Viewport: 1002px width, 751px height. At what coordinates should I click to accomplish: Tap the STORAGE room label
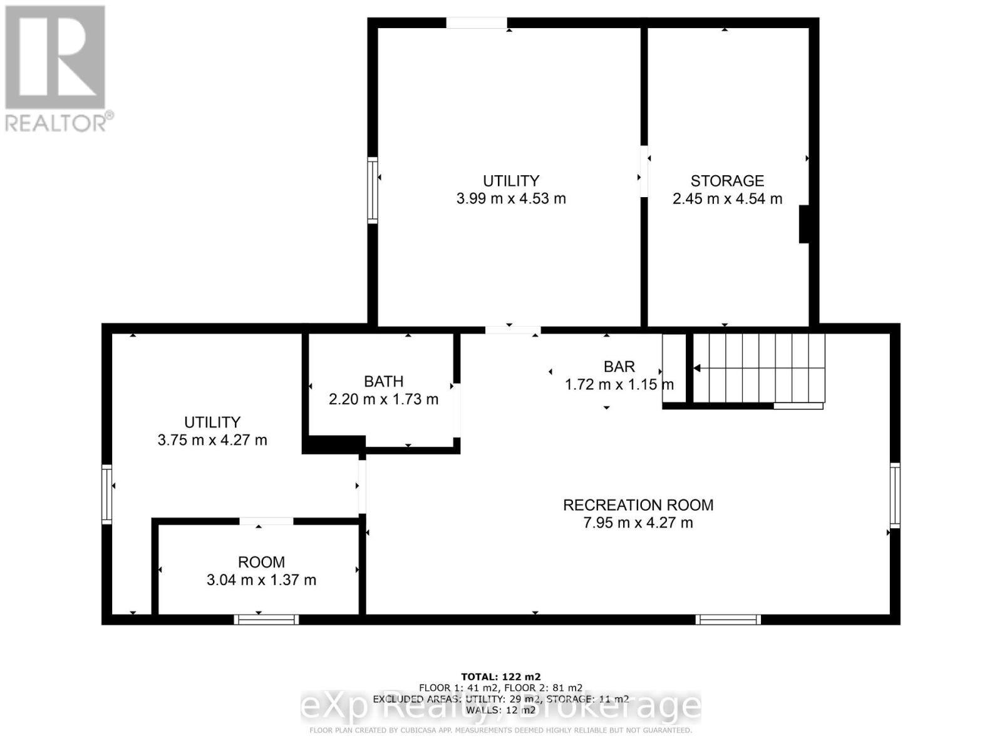(x=727, y=181)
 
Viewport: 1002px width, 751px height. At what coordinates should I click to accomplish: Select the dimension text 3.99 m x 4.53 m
(x=511, y=199)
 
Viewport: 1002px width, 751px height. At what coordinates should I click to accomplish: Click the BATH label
(x=383, y=381)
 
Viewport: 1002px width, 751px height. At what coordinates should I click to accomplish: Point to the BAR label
(x=619, y=367)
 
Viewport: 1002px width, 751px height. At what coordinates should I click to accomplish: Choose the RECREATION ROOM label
(x=638, y=505)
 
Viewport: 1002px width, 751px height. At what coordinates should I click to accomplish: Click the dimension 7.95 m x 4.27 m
(x=638, y=523)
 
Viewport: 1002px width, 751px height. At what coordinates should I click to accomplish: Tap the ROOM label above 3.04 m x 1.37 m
(x=261, y=562)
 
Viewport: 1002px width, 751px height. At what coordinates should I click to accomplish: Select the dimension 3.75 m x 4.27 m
(x=212, y=440)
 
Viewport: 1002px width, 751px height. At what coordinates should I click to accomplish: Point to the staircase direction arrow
(x=697, y=369)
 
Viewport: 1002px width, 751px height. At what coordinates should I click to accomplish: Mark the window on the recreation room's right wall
(x=895, y=494)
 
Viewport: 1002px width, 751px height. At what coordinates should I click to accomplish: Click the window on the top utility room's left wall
(x=373, y=190)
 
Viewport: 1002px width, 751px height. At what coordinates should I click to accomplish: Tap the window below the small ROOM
(x=266, y=620)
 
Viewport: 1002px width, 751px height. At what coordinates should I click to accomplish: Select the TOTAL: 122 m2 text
(x=500, y=677)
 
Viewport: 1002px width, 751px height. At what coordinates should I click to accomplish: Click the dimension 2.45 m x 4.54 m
(x=727, y=199)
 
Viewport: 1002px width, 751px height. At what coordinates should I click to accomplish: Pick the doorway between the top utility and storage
(x=643, y=171)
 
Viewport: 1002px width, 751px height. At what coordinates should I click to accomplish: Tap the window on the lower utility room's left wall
(x=107, y=494)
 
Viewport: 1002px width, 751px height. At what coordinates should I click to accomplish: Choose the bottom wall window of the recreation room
(x=728, y=620)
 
